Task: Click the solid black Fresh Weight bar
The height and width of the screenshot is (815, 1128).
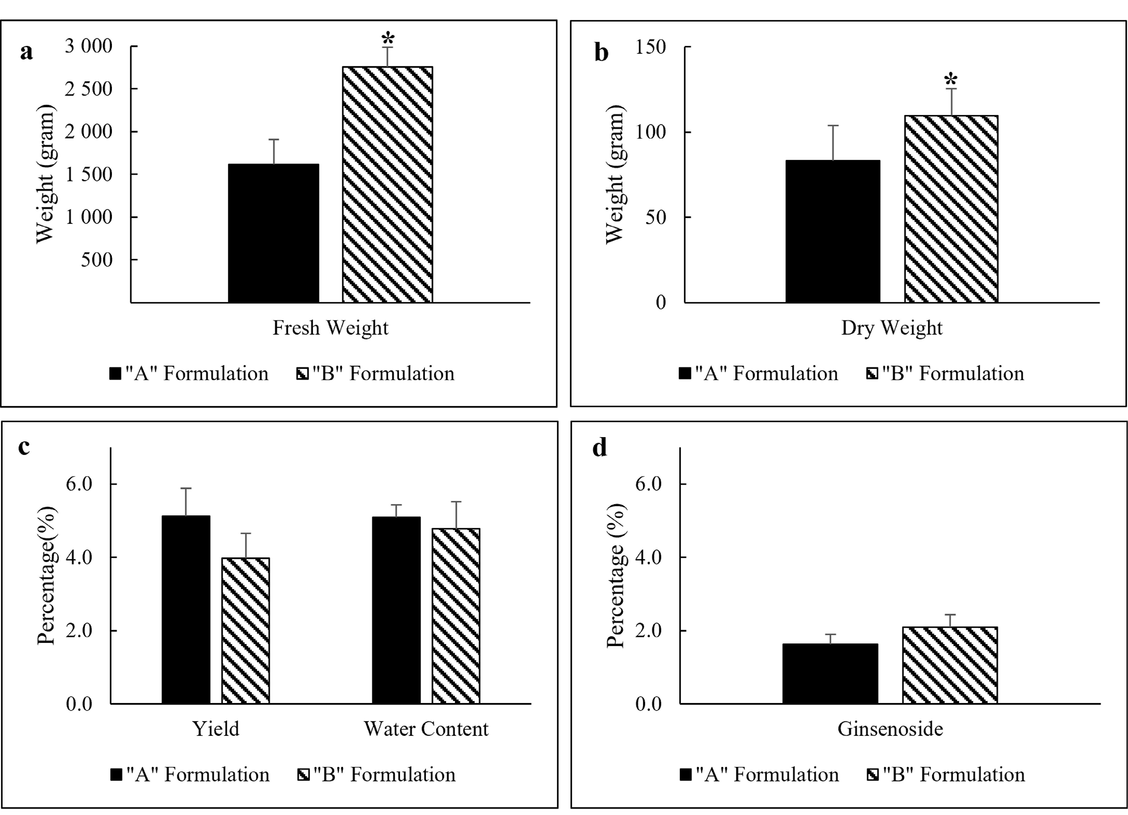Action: [x=273, y=233]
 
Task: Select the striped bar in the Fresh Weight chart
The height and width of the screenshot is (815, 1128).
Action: [x=387, y=184]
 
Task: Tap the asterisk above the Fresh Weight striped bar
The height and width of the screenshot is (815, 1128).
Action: [x=388, y=39]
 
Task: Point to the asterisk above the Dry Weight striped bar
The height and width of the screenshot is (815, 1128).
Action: [x=951, y=80]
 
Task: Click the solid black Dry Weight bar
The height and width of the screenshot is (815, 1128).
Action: [x=832, y=231]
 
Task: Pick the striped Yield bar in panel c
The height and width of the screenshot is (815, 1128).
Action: [x=245, y=630]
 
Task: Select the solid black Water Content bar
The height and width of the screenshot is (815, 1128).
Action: [x=396, y=610]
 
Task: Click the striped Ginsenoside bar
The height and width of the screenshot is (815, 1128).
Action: [x=950, y=665]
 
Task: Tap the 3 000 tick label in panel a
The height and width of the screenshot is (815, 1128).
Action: [x=89, y=46]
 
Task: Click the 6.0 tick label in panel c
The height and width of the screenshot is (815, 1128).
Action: [x=79, y=484]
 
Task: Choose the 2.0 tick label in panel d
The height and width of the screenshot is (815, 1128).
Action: [x=649, y=631]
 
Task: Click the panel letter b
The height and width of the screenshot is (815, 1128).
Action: [x=601, y=52]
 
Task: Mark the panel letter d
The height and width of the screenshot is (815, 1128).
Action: [x=600, y=448]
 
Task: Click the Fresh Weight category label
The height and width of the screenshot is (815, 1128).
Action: [x=330, y=328]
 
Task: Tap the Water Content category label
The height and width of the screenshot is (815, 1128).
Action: [x=426, y=729]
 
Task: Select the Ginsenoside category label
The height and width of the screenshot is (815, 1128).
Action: [x=890, y=729]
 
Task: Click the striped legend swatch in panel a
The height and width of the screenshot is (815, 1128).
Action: [x=302, y=374]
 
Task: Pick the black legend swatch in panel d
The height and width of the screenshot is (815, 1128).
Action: [x=686, y=775]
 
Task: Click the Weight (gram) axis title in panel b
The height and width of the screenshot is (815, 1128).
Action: [x=615, y=174]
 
